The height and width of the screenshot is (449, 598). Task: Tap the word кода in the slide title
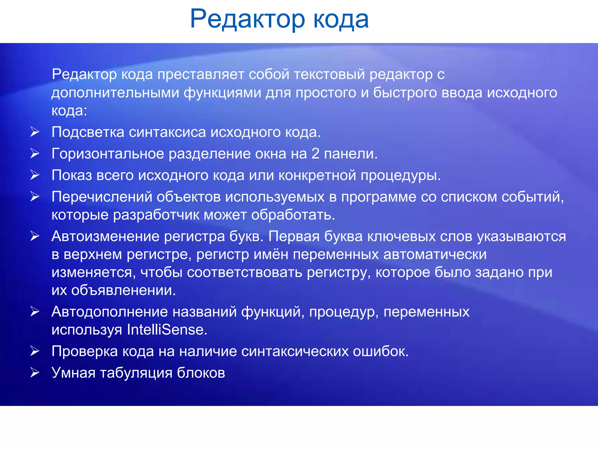[x=341, y=19]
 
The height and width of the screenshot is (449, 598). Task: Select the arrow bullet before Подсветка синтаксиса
[x=35, y=132]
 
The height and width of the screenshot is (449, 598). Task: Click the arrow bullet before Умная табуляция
[x=35, y=372]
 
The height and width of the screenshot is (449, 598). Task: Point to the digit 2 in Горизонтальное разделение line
[x=315, y=154]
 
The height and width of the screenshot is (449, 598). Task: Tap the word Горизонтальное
[x=108, y=154]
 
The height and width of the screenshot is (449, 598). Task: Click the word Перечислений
[x=102, y=197]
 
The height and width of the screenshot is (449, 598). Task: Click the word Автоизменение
[x=105, y=236]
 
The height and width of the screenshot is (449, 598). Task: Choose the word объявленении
[x=123, y=290]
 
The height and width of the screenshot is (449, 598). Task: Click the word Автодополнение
[x=109, y=312]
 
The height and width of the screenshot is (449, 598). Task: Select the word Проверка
[x=84, y=351]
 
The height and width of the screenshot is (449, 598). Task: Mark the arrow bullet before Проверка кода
[x=35, y=351]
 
